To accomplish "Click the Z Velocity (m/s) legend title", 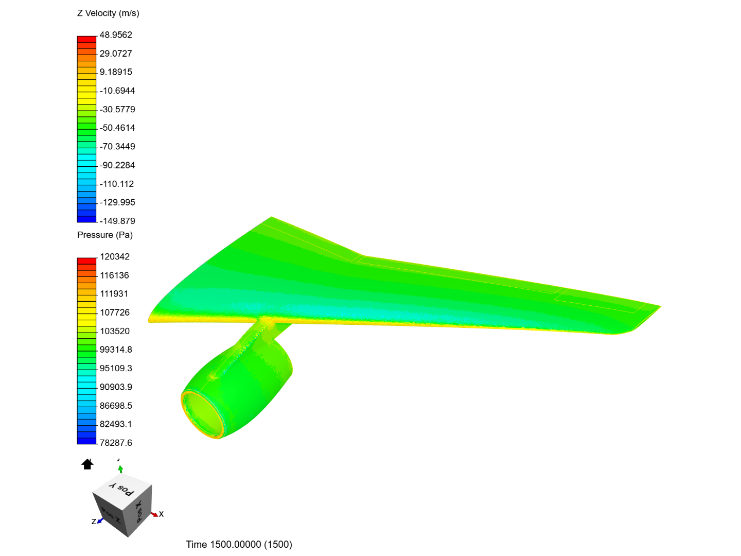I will click(108, 13).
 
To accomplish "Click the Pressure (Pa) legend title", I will click(105, 235).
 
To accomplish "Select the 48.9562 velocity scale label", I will click(116, 35).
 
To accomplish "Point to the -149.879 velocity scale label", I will click(117, 221).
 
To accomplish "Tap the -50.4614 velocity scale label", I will click(117, 128).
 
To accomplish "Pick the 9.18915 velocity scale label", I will click(116, 72).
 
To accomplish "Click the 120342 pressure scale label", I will click(115, 256).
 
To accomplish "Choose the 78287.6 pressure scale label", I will click(116, 443).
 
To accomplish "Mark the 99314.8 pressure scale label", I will click(116, 350).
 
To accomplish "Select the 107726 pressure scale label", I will click(115, 312).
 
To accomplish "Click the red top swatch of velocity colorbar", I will click(86, 39).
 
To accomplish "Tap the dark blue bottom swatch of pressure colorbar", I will click(86, 441).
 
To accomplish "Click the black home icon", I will click(87, 464).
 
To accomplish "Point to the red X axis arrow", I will click(154, 514).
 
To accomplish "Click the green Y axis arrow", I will click(120, 468).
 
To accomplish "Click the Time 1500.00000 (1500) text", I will click(239, 545).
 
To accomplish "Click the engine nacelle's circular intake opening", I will click(204, 415).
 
